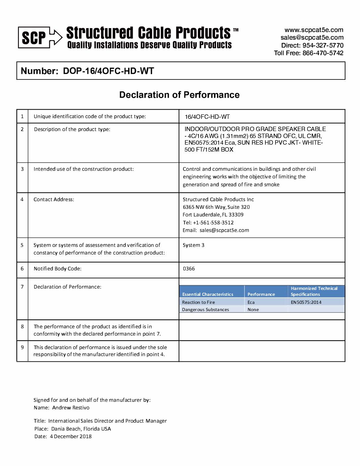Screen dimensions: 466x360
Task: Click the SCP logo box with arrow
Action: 40,37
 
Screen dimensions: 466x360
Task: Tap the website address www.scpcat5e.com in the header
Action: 314,30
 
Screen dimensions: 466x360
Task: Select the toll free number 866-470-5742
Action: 323,53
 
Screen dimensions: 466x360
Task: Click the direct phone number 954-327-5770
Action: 323,45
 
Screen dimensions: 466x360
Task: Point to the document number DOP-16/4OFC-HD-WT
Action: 108,71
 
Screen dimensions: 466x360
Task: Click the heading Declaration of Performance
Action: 179,95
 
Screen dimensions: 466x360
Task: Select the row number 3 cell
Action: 22,169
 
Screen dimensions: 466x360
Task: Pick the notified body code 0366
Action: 189,269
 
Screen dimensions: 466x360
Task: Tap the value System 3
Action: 193,245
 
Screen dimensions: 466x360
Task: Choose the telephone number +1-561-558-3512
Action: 213,223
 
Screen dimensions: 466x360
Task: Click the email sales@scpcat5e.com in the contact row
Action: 224,230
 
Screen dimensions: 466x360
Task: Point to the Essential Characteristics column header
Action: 207,294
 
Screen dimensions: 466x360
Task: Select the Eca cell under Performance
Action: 251,302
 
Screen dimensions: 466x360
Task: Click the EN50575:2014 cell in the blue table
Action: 306,302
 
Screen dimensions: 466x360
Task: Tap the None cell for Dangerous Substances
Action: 253,310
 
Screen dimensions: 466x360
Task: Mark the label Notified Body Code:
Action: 57,269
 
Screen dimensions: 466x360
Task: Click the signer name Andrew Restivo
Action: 70,408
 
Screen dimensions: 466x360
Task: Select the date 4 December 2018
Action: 70,437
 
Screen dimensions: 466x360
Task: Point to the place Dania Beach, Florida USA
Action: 81,429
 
